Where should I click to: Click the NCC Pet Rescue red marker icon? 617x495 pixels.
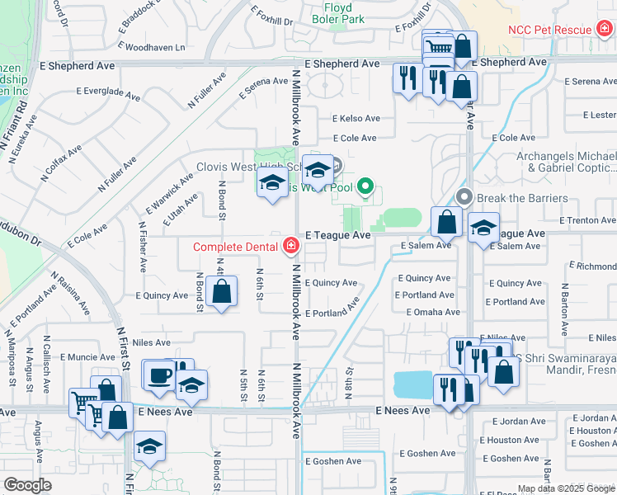pos(604,30)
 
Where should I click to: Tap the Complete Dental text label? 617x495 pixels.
pos(236,247)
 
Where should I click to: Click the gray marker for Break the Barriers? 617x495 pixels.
pos(464,197)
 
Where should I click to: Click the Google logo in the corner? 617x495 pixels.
pos(28,485)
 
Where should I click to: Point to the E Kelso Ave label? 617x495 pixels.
pos(356,119)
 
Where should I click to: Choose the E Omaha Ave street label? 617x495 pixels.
pos(432,312)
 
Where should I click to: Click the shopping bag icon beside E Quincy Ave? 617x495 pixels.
pos(221,292)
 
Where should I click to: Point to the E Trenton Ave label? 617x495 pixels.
pos(587,221)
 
